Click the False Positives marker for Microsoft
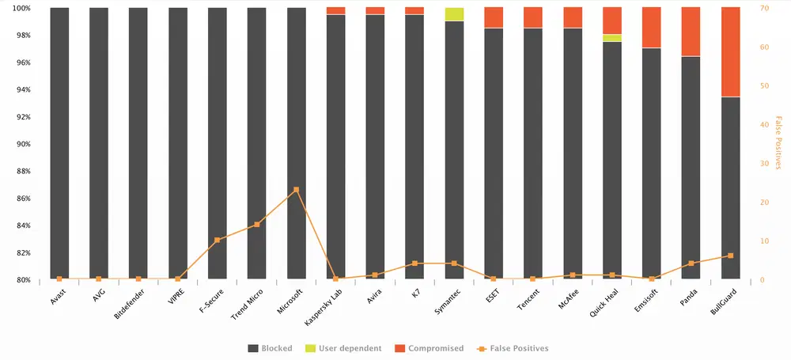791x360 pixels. pos(297,190)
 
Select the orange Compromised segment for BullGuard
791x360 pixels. pos(731,51)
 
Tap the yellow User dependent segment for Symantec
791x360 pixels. pos(455,14)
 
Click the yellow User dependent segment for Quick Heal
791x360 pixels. pos(612,38)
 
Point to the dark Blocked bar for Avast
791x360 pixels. pos(59,142)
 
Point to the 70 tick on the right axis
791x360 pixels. pos(763,8)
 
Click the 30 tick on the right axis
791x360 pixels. pos(763,164)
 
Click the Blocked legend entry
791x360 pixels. pos(270,348)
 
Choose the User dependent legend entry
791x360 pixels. pos(348,348)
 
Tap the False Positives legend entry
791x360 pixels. pos(513,348)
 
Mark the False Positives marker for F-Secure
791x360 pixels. pos(218,240)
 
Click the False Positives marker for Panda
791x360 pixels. pos(691,263)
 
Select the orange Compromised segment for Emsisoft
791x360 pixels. pos(652,28)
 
